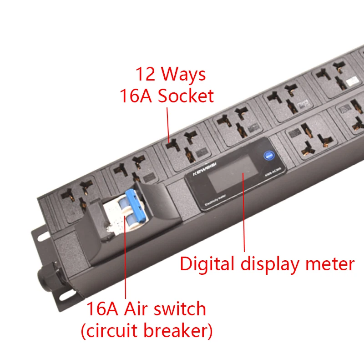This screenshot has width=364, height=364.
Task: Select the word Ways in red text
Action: (x=183, y=74)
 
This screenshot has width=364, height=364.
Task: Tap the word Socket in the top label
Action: (x=185, y=96)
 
